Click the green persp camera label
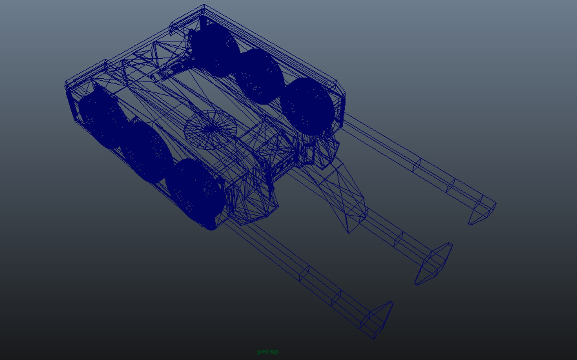coord(268,351)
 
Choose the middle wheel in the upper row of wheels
coord(258,77)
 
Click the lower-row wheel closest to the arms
coord(197,193)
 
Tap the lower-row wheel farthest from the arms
coord(100,117)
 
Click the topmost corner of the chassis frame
coord(204,6)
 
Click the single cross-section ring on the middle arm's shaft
coord(399,239)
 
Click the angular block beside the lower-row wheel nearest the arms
coord(253,203)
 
